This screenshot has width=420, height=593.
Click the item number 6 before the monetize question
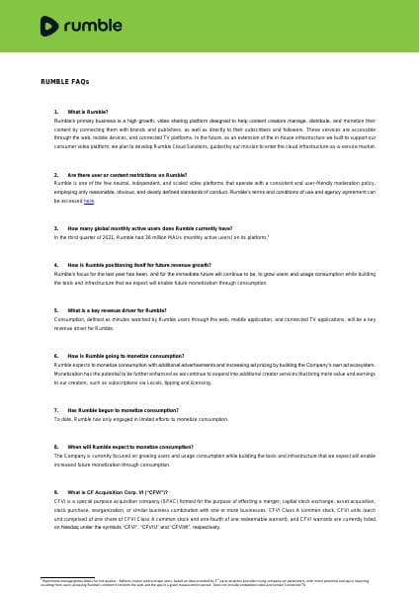point(56,355)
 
